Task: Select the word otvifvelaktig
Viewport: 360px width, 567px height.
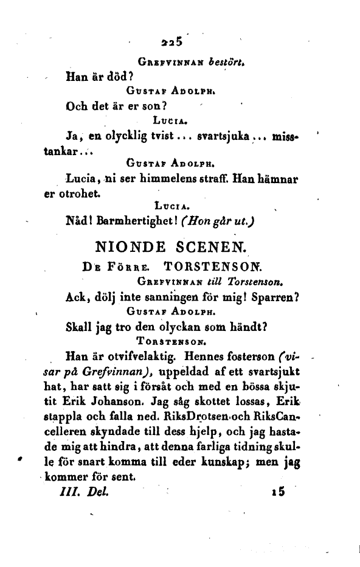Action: point(131,358)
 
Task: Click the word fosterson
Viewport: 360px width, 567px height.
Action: point(286,358)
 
